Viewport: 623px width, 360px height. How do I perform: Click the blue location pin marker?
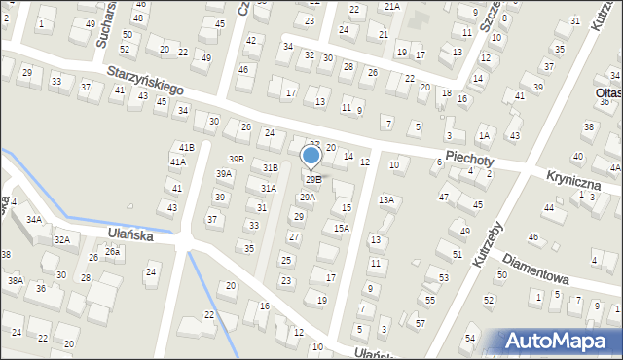click(x=311, y=156)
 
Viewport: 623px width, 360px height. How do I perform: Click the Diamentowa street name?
click(x=536, y=271)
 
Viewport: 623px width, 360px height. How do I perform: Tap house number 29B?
click(x=312, y=180)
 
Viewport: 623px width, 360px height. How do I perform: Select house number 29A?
click(x=307, y=198)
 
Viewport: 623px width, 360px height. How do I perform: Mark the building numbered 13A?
click(x=387, y=199)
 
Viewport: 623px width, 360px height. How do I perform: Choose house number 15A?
click(x=341, y=228)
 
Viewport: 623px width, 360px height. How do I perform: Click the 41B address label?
click(x=187, y=147)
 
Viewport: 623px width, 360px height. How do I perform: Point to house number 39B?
click(x=238, y=159)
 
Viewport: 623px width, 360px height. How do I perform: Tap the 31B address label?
click(x=270, y=168)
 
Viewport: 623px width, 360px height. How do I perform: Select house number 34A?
click(x=34, y=220)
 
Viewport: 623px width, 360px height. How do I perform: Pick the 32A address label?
click(x=61, y=239)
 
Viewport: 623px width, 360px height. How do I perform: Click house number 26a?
click(x=112, y=252)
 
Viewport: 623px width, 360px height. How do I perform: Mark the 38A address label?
click(x=16, y=280)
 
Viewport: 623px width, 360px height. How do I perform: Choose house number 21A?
click(x=391, y=6)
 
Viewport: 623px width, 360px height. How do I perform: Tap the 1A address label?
click(x=483, y=137)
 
